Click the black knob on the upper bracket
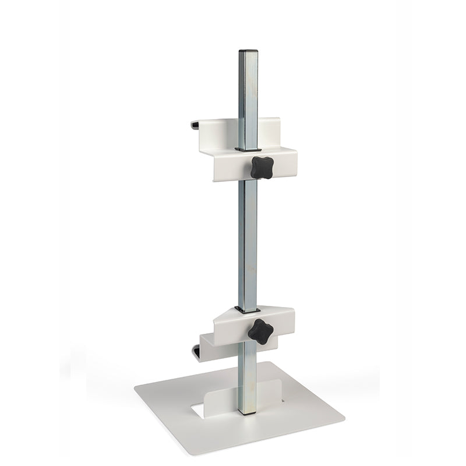pyautogui.click(x=262, y=167)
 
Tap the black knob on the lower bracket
pyautogui.click(x=260, y=331)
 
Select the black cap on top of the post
pyautogui.click(x=248, y=51)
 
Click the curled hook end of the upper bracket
pyautogui.click(x=195, y=124)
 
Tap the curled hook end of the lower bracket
pyautogui.click(x=196, y=351)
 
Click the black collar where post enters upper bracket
pyautogui.click(x=248, y=149)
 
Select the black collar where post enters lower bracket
pyautogui.click(x=247, y=309)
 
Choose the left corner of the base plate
pyautogui.click(x=135, y=388)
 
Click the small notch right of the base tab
pyautogui.click(x=282, y=400)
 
